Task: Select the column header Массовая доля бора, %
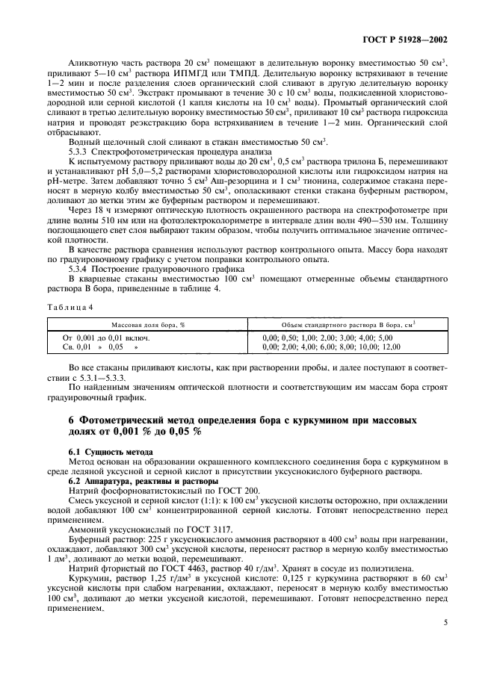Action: pyautogui.click(x=148, y=325)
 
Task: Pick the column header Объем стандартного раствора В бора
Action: pyautogui.click(x=349, y=325)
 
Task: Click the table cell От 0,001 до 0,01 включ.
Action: pyautogui.click(x=106, y=338)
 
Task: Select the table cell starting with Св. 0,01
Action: pyautogui.click(x=93, y=347)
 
